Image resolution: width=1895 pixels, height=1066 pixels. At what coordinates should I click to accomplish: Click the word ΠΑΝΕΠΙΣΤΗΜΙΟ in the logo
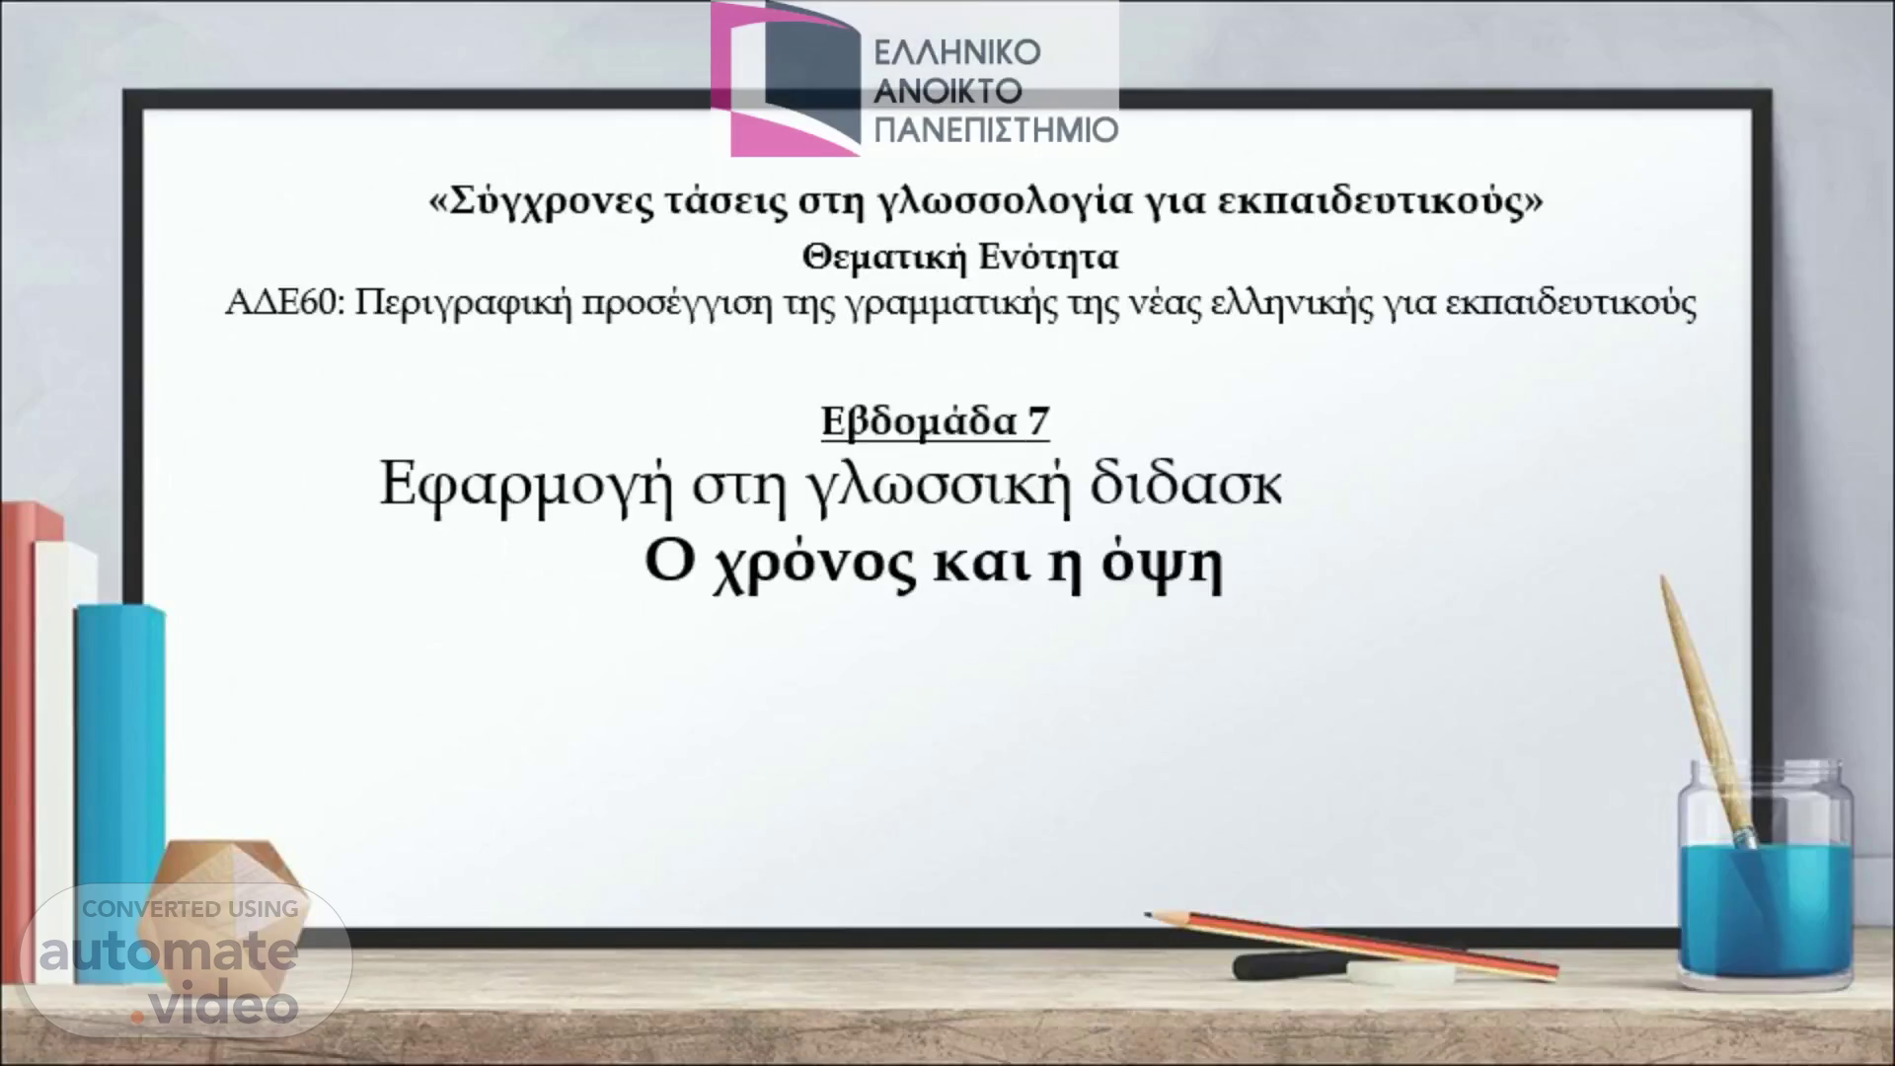pyautogui.click(x=997, y=129)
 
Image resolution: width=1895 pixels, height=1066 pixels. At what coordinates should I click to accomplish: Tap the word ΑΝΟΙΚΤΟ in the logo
pyautogui.click(x=948, y=91)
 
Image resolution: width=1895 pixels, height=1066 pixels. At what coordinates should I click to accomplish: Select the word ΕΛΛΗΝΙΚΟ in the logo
pyautogui.click(x=957, y=52)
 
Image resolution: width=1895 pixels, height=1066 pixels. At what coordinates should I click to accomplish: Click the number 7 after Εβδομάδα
pyautogui.click(x=1038, y=422)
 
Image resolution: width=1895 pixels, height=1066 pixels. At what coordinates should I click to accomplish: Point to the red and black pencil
pyautogui.click(x=1352, y=943)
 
